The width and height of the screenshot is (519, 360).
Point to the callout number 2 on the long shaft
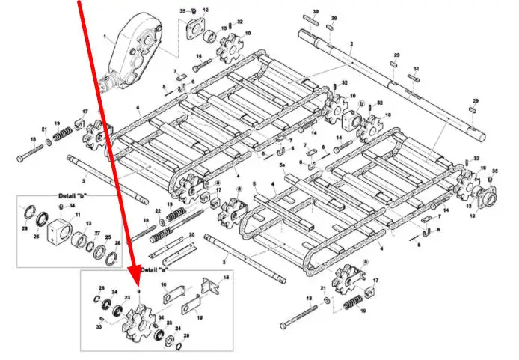coord(351,46)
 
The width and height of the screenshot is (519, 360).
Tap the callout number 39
coord(315,13)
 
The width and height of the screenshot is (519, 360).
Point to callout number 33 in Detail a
coord(99,326)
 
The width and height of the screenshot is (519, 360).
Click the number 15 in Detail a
coord(228,277)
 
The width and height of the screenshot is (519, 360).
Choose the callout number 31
coord(417,69)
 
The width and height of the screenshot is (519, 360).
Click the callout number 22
coord(158,211)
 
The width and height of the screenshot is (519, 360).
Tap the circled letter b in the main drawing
coord(362,103)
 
